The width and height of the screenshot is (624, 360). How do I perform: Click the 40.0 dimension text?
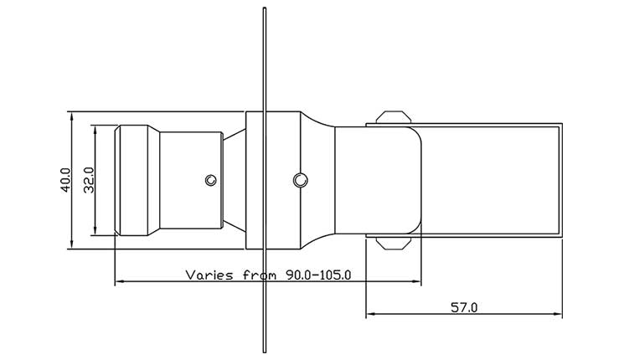66,180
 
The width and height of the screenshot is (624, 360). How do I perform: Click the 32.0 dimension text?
89,180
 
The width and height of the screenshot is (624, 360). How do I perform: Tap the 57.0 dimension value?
463,307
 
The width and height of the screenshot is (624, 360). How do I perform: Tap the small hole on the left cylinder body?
212,179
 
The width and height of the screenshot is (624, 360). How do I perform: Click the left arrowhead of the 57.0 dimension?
370,316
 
